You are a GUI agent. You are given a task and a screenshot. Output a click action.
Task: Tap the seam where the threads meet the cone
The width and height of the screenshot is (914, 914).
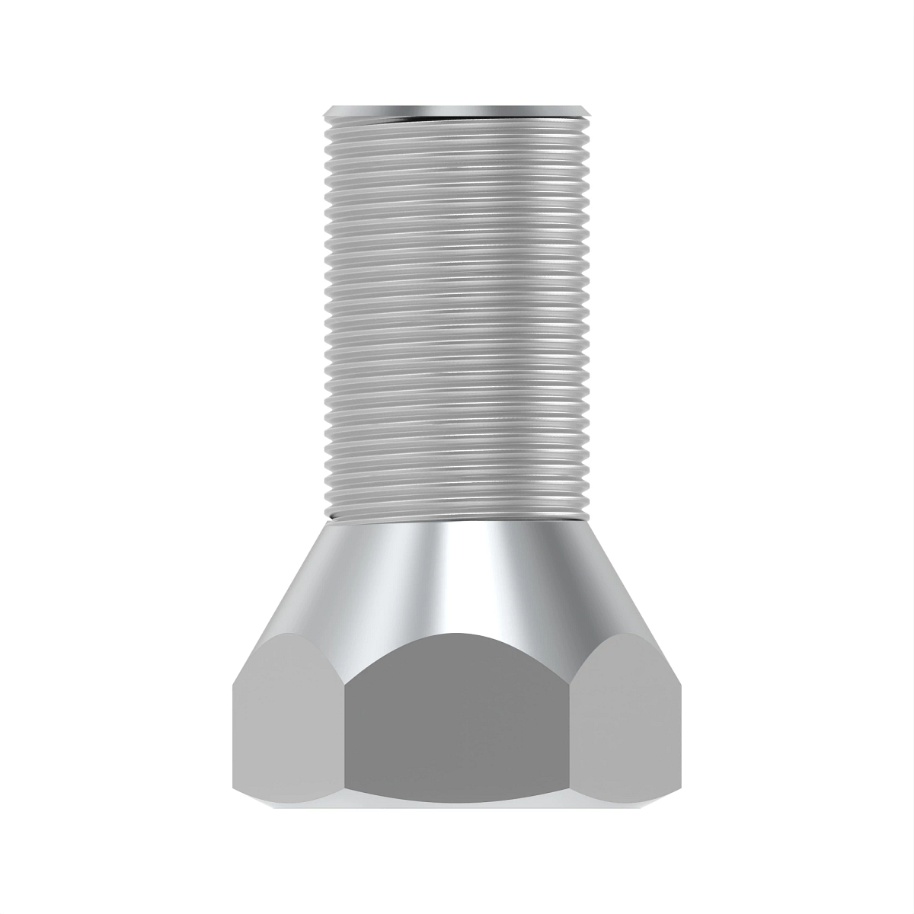point(457,520)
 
